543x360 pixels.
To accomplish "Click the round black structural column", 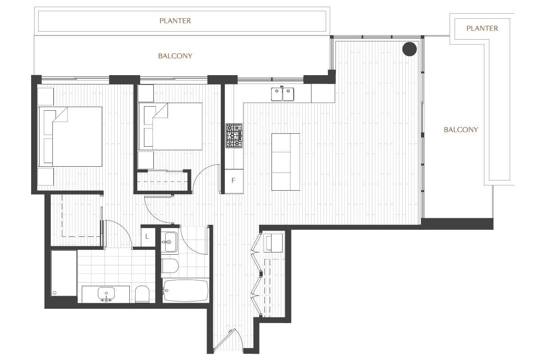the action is (409, 49).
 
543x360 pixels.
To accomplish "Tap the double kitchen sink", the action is (283, 94).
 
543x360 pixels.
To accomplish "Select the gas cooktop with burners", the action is (234, 136).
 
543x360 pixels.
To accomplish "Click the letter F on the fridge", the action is (233, 180).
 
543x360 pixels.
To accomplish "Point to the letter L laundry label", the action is (147, 236).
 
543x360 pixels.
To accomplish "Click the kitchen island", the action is (286, 162).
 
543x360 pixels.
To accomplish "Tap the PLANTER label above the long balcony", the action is (175, 21).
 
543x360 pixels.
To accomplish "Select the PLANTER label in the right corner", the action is (482, 28).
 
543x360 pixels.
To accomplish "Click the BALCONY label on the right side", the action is (461, 130).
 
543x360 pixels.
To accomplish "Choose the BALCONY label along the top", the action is (175, 56).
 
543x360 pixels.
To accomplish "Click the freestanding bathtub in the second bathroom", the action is (185, 290).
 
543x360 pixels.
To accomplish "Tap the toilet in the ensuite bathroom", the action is (142, 294).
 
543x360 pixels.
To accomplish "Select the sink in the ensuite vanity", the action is (106, 293).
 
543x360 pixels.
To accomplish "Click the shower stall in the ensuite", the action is (64, 273).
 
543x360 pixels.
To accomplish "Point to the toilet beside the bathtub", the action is (170, 266).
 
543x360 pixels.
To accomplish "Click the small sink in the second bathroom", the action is (169, 242).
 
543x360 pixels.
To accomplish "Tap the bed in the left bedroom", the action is (70, 136).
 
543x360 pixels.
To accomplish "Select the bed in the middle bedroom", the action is (170, 126).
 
